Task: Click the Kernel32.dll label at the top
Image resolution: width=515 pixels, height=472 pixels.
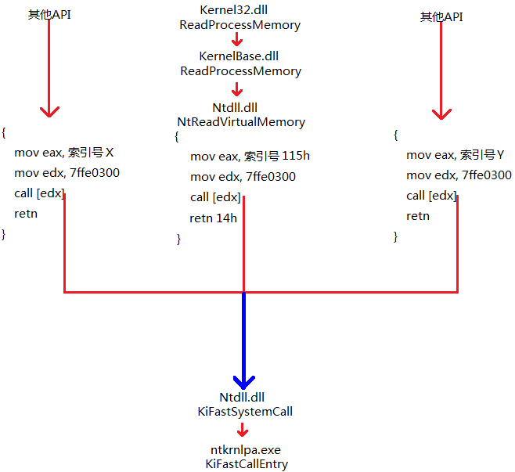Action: pos(240,10)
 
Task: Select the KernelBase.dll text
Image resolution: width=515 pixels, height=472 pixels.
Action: pos(239,56)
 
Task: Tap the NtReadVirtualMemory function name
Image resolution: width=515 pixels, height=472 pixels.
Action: pos(241,122)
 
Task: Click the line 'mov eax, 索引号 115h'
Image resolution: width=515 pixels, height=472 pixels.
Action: pos(250,156)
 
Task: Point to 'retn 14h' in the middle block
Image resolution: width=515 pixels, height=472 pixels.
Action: pos(213,218)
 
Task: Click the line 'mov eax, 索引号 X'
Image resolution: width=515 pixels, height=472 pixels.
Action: pos(70,152)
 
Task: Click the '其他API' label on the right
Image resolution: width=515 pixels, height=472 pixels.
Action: pos(441,16)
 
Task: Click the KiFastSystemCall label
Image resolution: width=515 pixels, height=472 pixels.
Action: pos(246,411)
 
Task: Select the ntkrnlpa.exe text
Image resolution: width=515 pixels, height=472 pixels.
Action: pos(245,450)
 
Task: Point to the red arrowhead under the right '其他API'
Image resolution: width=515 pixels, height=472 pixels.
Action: pos(441,113)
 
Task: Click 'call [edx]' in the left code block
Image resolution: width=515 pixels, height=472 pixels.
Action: pos(39,193)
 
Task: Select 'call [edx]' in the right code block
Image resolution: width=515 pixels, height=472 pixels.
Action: pos(431,196)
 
